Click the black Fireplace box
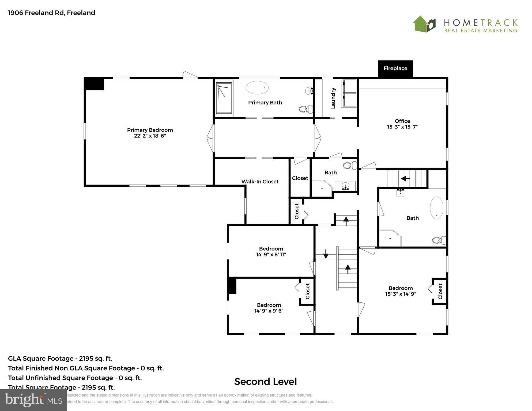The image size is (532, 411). point(395,69)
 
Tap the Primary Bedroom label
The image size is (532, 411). point(150,130)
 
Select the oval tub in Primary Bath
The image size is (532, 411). point(257,88)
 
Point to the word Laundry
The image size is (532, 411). point(333,98)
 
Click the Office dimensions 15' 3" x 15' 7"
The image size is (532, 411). point(402,127)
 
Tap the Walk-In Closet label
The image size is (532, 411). point(260,182)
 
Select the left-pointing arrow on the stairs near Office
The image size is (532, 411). point(405,178)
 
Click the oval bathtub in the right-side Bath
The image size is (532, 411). point(436,208)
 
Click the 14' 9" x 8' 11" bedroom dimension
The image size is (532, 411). point(271,254)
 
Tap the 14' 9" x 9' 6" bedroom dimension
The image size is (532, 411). point(269,311)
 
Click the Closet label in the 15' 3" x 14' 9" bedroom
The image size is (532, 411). point(440,291)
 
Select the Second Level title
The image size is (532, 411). point(265,382)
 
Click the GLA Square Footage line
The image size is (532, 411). point(60,359)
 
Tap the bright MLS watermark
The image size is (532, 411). point(33,400)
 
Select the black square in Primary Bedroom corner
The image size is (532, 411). point(94,84)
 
